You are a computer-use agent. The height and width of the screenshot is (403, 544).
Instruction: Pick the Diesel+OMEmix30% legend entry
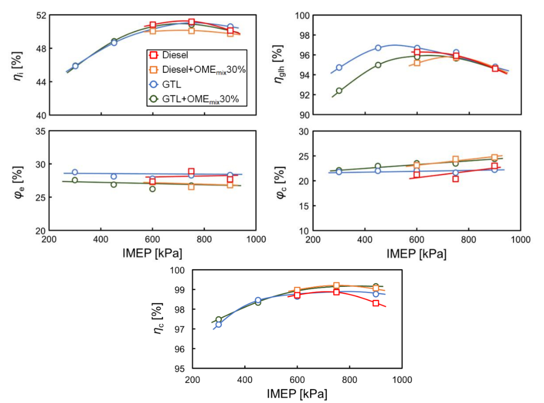pos(204,70)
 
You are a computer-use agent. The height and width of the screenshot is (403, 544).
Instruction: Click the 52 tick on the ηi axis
pos(41,15)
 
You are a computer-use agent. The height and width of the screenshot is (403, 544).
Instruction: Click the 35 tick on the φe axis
pos(41,131)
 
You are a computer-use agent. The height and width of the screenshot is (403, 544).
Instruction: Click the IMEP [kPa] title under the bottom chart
pos(297,393)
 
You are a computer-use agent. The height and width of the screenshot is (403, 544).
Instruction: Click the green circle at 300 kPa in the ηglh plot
pos(339,91)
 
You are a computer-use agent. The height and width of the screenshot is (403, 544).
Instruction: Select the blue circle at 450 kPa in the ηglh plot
pos(378,48)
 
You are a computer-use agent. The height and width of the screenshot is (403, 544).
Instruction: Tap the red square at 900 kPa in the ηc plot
pos(376,303)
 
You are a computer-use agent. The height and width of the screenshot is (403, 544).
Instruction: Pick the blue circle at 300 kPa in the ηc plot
pos(218,324)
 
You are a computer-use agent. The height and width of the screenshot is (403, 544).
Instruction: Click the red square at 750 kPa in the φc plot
pos(456,179)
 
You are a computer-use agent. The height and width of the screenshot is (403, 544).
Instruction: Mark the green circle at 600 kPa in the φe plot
pos(152,189)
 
